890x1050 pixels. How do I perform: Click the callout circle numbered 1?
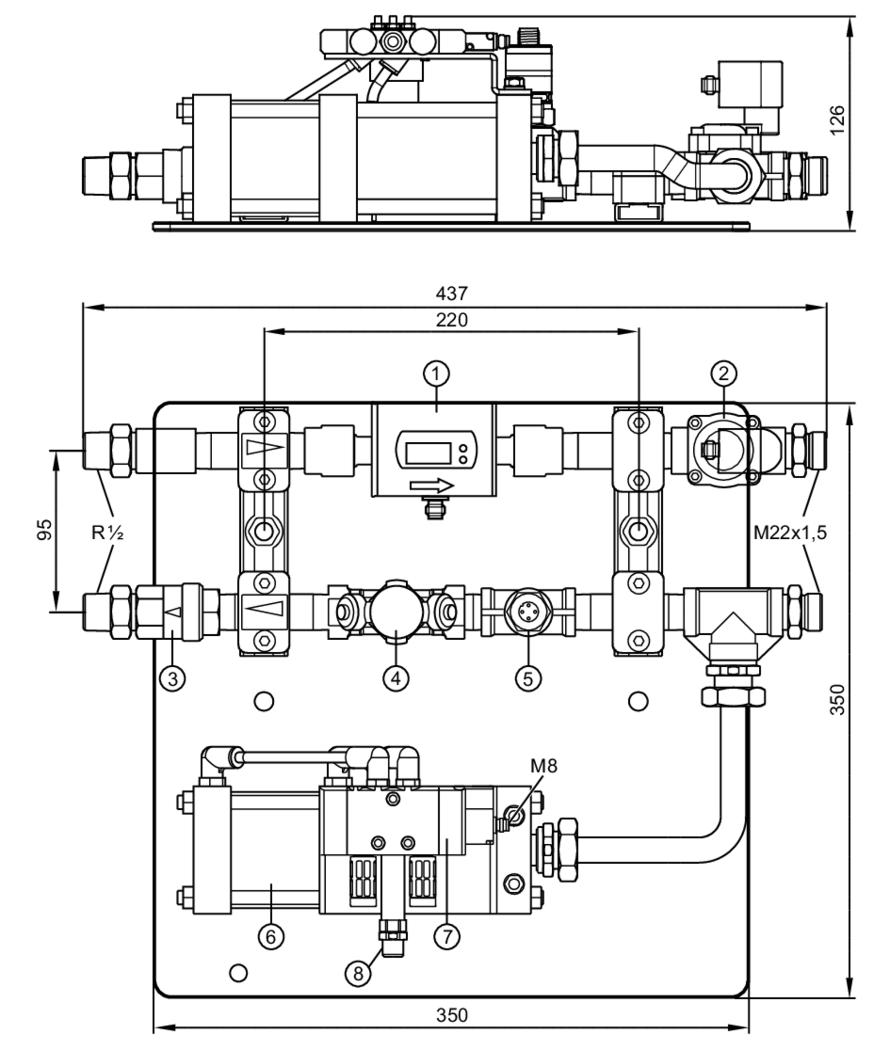[436, 374]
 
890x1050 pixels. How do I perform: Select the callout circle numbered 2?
[724, 373]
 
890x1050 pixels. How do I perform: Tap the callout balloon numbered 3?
[173, 678]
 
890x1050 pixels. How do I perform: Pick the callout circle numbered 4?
[396, 678]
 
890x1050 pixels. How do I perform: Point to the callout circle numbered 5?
[528, 678]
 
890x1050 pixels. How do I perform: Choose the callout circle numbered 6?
[271, 937]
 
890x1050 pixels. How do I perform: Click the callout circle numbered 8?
[358, 974]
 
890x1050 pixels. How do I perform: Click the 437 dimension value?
[452, 293]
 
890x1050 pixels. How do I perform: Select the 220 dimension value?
[452, 320]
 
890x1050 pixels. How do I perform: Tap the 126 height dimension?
[837, 120]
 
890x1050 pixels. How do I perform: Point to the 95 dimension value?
[44, 529]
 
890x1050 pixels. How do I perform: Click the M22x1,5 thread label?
[790, 532]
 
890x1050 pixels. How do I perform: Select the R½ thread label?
[107, 532]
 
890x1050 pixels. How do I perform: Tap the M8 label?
[543, 766]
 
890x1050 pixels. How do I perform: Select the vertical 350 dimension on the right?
[837, 699]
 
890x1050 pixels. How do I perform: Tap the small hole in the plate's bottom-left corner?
[238, 973]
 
